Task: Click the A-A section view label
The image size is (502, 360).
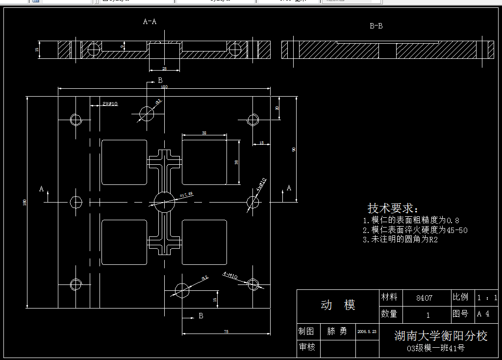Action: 150,22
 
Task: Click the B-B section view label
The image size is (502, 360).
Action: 376,26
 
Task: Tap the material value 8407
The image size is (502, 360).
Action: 424,298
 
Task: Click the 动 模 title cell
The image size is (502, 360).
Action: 338,306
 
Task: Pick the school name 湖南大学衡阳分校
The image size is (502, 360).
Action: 441,336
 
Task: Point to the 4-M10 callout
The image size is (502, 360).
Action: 230,276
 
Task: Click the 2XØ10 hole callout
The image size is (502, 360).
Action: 110,104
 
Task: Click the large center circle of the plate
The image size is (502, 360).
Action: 164,201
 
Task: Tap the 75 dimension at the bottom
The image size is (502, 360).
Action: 226,332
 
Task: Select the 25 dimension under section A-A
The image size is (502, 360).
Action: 164,69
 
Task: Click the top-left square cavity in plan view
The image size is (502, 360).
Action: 125,162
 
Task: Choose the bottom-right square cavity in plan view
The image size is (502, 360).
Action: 204,242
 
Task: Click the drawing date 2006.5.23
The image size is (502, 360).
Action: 367,332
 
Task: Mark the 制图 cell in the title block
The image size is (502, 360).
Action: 307,332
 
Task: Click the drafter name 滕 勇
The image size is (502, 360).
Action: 337,332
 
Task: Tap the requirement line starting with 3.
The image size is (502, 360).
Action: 400,239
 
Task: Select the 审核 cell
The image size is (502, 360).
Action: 307,347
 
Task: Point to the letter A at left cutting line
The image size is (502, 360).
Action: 42,189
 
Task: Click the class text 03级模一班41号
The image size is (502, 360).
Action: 436,349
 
